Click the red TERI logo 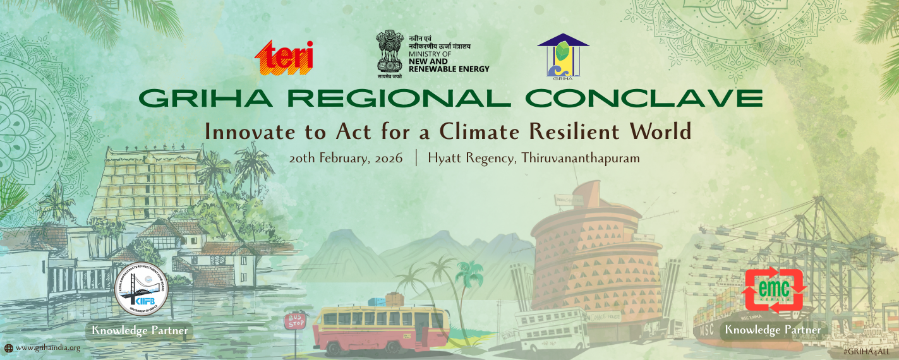coord(284,57)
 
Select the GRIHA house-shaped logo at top coord(562,56)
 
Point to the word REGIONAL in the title coord(392,99)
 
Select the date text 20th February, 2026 coord(346,158)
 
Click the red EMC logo coord(775,290)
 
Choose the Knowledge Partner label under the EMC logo coord(773,330)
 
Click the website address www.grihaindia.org coord(48,347)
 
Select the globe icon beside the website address coord(9,347)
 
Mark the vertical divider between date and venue coord(416,158)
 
